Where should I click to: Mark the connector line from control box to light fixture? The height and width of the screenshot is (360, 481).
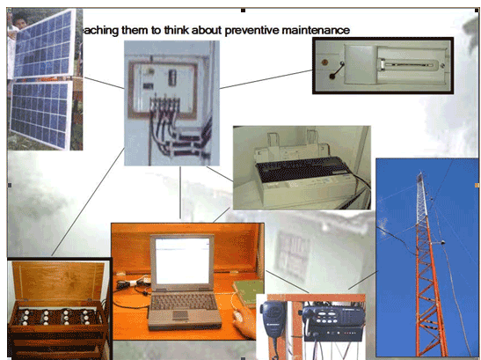pyautogui.click(x=264, y=76)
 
